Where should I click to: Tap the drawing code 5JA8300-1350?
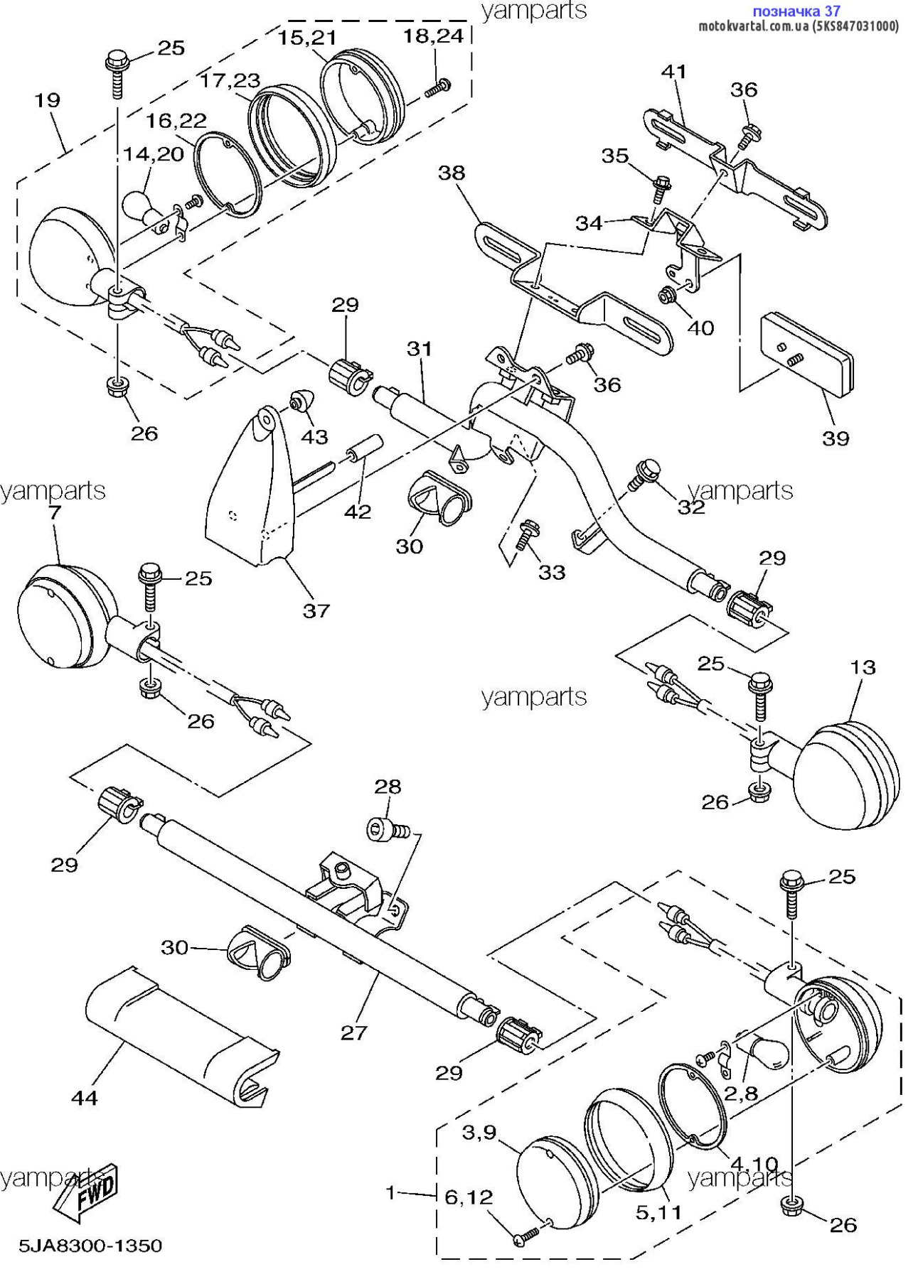coord(90,1246)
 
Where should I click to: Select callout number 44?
coord(85,1098)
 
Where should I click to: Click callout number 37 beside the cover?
coord(316,610)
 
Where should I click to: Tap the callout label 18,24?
coord(433,36)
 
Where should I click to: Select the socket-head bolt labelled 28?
coord(381,829)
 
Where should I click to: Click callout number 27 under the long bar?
coord(353,1032)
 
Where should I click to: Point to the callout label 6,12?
coord(469,1197)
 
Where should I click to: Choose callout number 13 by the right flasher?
coord(863,667)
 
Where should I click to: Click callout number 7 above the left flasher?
coord(55,512)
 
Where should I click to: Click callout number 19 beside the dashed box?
coord(48,100)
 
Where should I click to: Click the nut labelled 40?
coord(667,294)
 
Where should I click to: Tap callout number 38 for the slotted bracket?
coord(452,173)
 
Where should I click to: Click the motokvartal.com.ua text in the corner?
coord(754,26)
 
